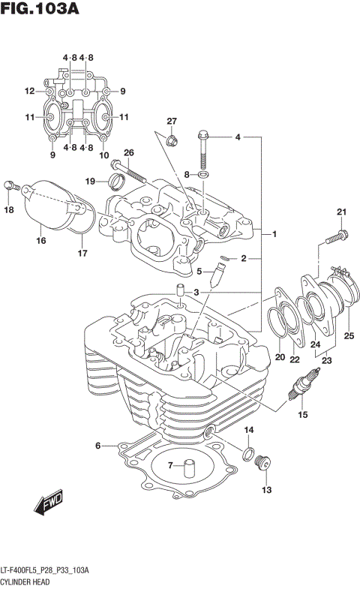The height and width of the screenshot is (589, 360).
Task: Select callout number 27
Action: click(171, 122)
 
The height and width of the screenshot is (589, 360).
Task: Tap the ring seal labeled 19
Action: click(117, 180)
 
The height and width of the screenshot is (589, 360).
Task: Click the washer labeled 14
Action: click(247, 452)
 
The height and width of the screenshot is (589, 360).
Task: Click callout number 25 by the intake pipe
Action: click(349, 335)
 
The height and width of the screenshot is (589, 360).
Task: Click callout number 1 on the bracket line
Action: click(275, 234)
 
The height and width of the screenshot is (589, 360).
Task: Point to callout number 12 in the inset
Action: click(29, 92)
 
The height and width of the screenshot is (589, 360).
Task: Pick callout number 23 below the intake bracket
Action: click(326, 361)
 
